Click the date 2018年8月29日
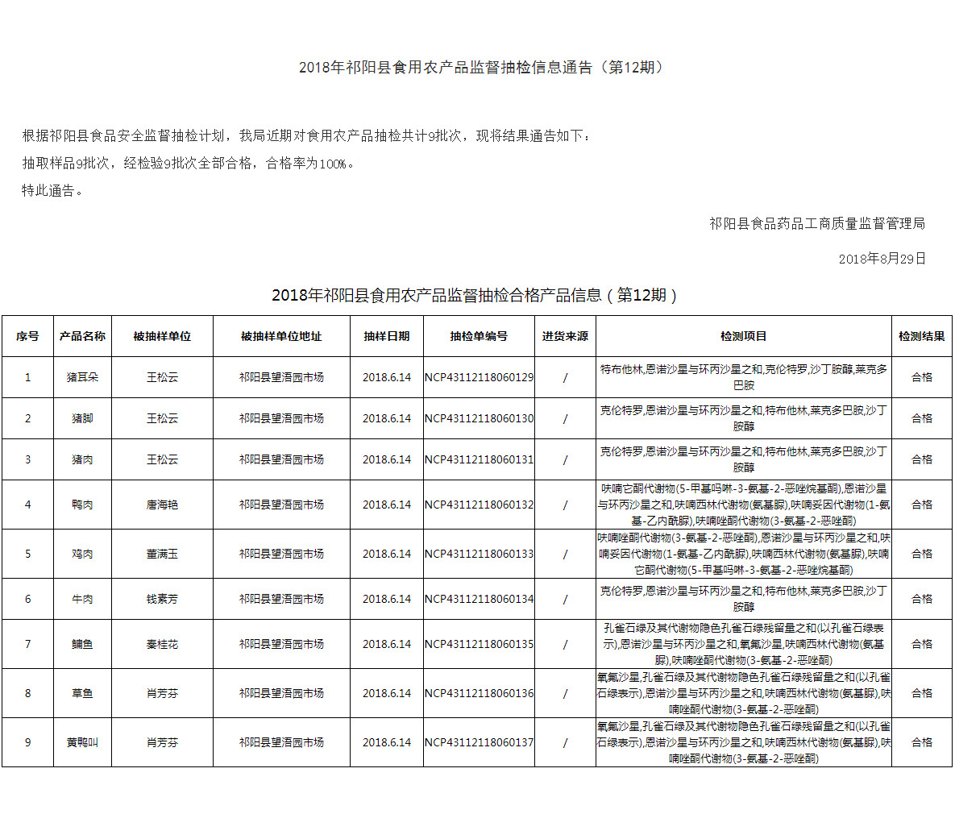tap(882, 259)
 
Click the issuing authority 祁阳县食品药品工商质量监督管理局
tap(816, 223)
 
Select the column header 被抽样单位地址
tap(280, 336)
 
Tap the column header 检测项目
tap(743, 336)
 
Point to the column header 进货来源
tap(565, 336)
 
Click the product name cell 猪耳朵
tap(82, 377)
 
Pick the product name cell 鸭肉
tap(82, 505)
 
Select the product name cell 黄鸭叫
tap(82, 742)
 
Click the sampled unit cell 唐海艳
tap(162, 505)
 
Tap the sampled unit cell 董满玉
tap(162, 554)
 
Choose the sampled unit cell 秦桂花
tap(162, 644)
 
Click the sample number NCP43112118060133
tap(479, 554)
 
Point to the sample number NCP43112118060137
tap(479, 742)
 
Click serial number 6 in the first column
tap(27, 599)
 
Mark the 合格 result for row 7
tap(921, 644)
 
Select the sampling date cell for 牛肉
tap(386, 599)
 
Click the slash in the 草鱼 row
tap(565, 693)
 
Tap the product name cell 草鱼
tap(82, 693)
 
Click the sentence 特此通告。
tap(53, 191)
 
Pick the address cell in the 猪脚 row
tap(280, 418)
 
